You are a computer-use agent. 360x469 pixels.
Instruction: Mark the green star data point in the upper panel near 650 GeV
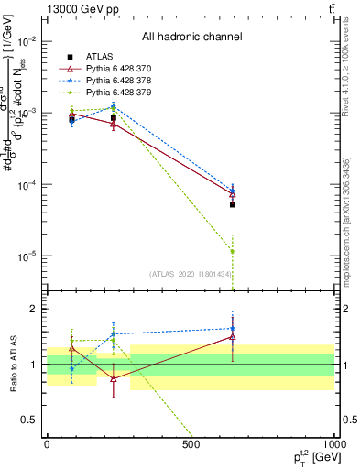tap(233, 251)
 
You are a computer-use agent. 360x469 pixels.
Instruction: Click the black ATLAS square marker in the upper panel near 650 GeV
tap(233, 205)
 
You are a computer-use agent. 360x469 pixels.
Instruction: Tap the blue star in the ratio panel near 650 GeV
tap(233, 329)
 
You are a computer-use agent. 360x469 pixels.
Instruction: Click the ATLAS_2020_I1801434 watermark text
tap(191, 274)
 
